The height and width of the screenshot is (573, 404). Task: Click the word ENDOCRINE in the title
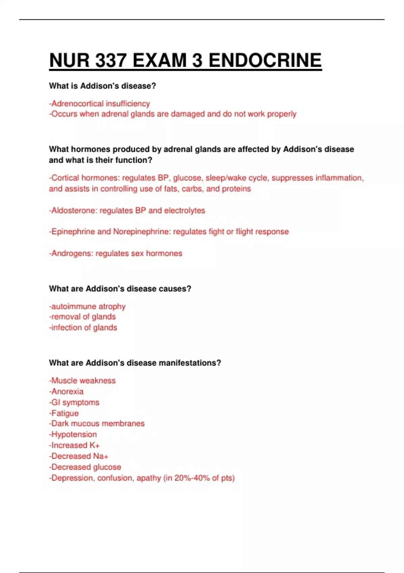(265, 61)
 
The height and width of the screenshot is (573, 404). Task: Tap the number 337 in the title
(111, 61)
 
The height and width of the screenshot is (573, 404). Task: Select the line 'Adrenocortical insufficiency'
(100, 103)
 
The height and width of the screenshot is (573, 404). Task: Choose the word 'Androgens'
(71, 253)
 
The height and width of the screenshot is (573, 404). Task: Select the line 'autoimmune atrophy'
(88, 306)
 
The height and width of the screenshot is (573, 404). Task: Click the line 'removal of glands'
(82, 317)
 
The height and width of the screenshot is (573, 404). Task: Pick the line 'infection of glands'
(83, 328)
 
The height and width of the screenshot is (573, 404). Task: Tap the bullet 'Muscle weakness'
(82, 381)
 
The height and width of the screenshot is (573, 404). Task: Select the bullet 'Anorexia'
(66, 391)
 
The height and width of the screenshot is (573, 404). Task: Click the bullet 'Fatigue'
(64, 413)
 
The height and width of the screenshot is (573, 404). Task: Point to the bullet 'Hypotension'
(73, 434)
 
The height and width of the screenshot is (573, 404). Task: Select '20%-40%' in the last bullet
(192, 478)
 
